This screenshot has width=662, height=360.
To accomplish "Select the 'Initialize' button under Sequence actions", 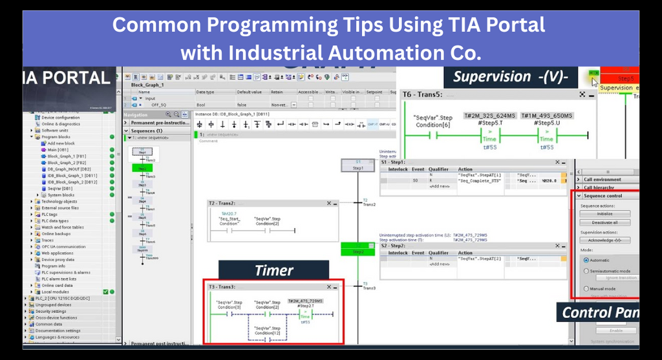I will pos(604,213).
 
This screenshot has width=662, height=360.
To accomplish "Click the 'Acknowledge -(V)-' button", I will pos(604,240).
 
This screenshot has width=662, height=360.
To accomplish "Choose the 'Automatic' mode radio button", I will pos(586,260).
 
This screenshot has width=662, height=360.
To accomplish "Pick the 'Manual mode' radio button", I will pos(586,288).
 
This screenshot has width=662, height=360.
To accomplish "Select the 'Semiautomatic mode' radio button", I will pos(586,271).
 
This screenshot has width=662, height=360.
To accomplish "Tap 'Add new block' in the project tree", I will pos(61,143).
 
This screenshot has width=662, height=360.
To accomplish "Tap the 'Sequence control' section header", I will pos(603,195).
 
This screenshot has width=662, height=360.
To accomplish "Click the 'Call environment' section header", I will pos(603,179).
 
